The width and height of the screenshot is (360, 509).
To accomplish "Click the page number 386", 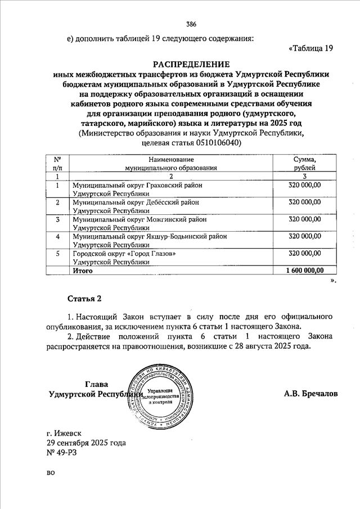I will (x=191, y=24).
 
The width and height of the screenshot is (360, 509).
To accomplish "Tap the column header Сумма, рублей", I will (x=304, y=164).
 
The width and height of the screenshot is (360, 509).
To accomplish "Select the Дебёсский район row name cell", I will (x=136, y=206).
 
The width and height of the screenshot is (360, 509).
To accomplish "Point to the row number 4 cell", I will (x=57, y=237).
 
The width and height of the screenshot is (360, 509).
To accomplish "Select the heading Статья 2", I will (x=85, y=298).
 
